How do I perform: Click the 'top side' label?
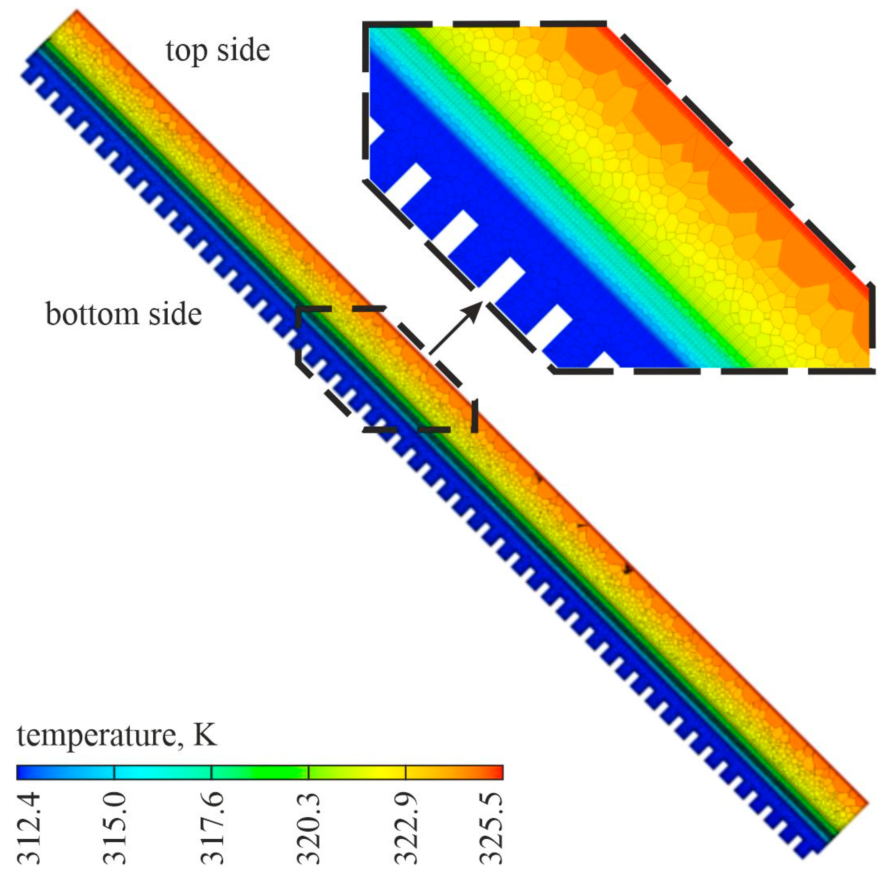click(218, 51)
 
